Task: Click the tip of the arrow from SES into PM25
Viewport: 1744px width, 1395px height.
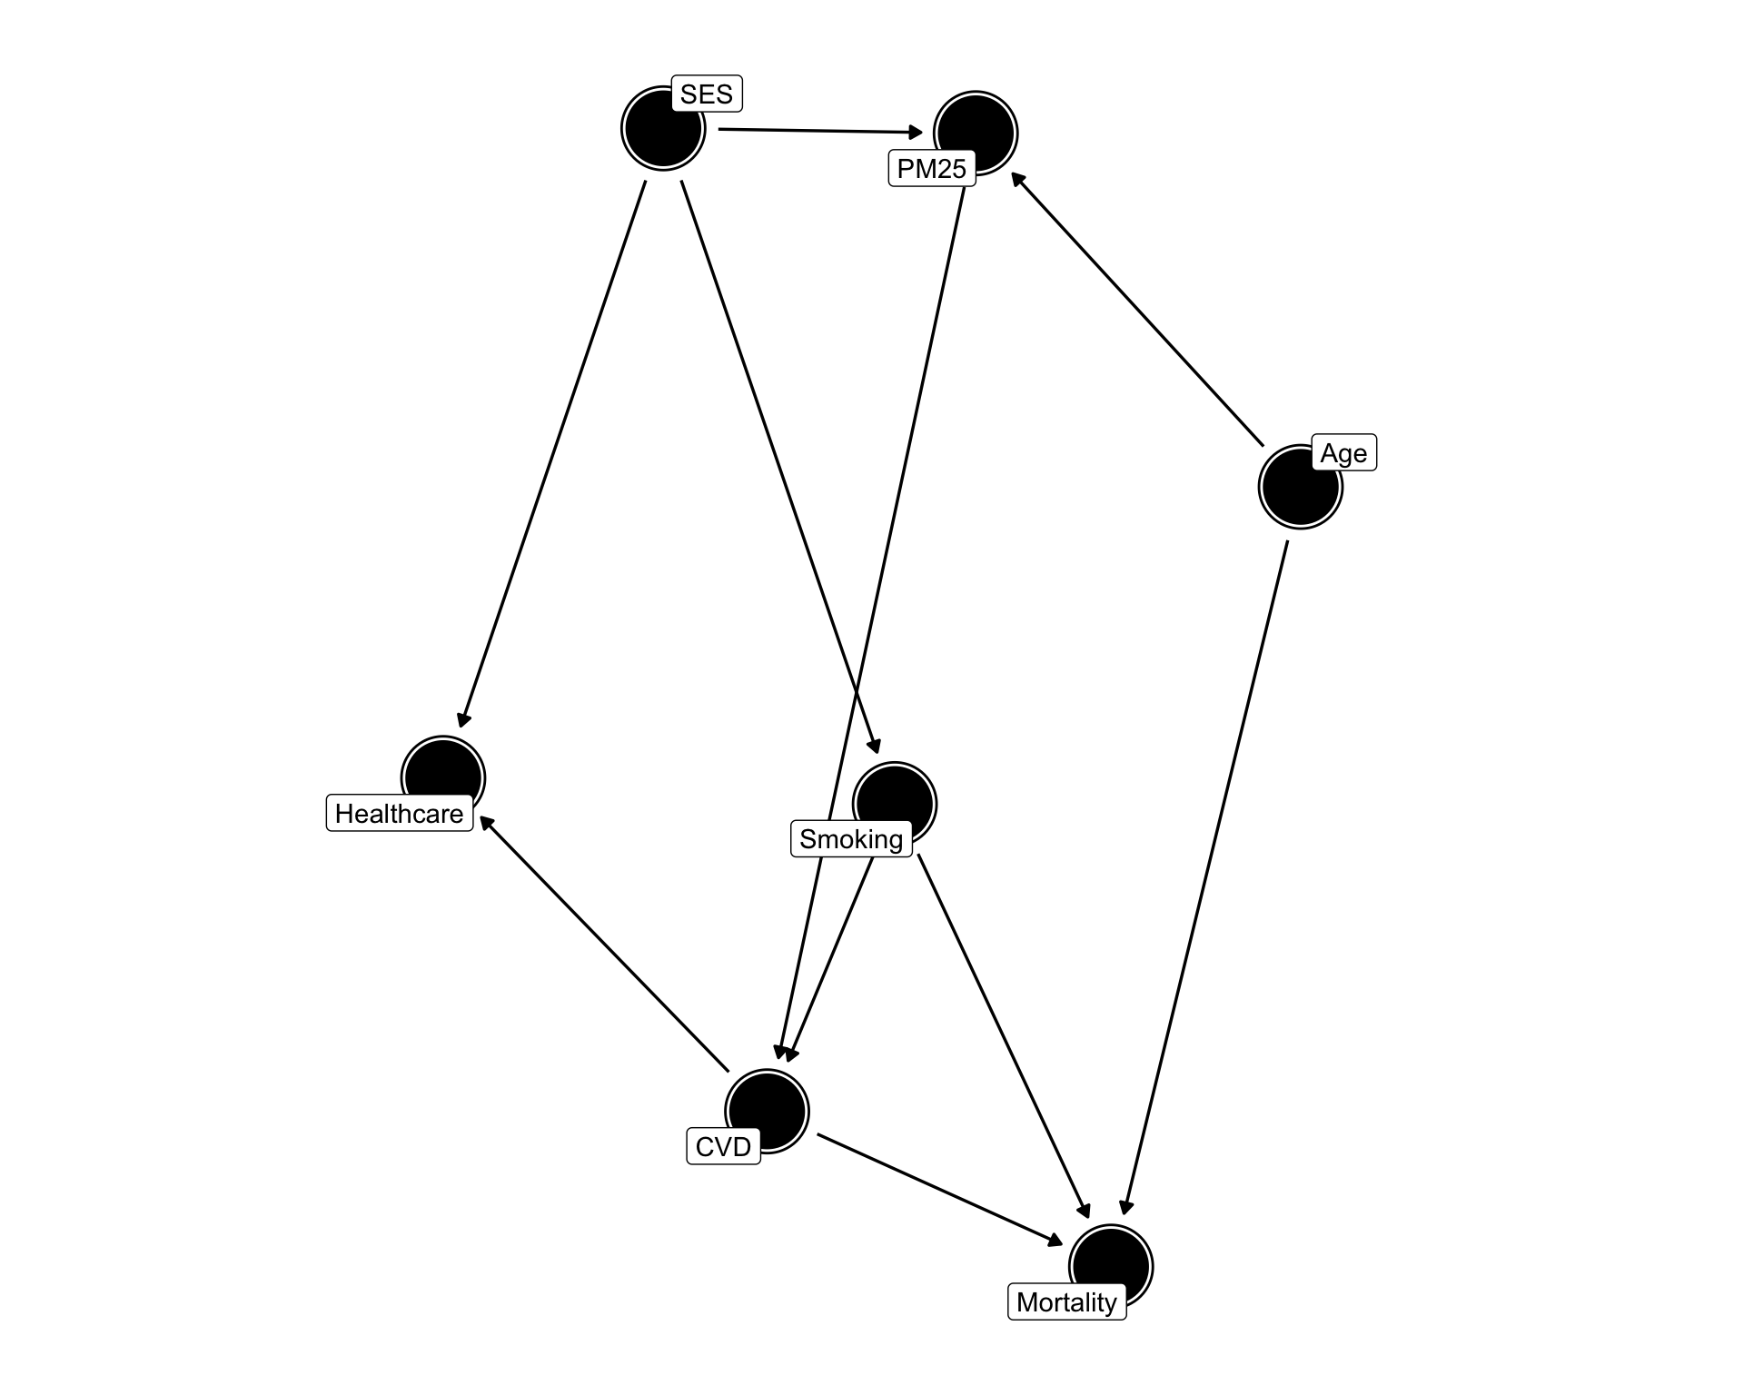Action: [923, 134]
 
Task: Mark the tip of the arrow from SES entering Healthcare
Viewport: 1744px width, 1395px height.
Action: [461, 727]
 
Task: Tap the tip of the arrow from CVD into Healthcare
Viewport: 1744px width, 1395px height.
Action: [480, 816]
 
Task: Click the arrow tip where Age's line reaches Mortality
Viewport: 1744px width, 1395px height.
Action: [1123, 1215]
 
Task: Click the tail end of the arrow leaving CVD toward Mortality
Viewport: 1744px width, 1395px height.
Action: [817, 1133]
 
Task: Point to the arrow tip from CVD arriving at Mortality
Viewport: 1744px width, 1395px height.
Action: [1064, 1244]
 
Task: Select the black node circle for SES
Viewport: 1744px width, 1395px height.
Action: [663, 128]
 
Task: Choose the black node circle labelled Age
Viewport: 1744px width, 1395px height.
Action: [1300, 487]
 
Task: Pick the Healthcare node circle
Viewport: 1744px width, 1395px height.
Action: [443, 777]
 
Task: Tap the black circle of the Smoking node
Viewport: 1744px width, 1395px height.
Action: [895, 804]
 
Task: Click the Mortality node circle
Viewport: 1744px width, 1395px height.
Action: [1111, 1266]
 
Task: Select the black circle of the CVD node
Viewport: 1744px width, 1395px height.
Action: [767, 1111]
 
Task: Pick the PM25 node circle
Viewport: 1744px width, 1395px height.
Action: [976, 133]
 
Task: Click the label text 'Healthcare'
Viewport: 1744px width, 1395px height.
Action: [400, 813]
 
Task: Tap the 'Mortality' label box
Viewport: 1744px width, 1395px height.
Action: [1067, 1302]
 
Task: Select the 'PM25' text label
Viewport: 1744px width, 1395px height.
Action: [932, 168]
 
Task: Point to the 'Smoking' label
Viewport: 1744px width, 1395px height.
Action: [851, 838]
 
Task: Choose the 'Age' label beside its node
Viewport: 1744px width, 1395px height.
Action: [1344, 452]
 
